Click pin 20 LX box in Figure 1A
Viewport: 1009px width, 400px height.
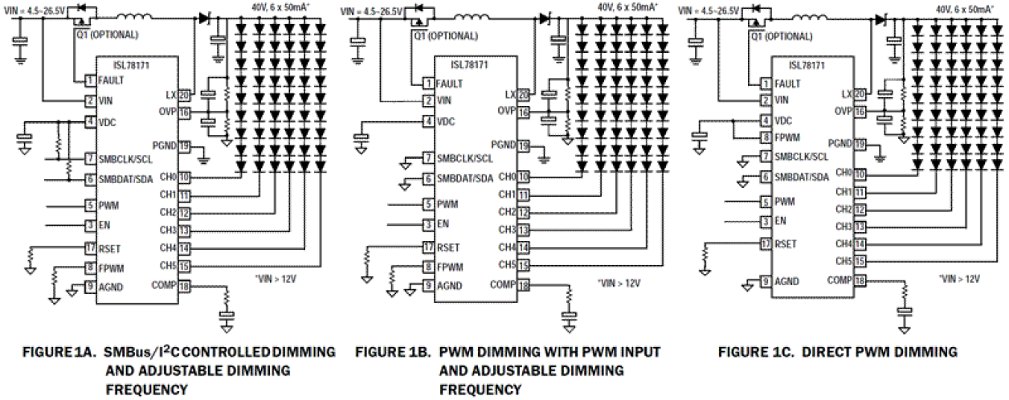184,95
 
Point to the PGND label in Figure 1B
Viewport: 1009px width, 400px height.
504,145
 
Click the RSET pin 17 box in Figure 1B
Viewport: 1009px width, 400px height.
427,247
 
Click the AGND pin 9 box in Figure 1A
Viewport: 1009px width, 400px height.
90,284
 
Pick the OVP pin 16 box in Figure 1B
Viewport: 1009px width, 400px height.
521,111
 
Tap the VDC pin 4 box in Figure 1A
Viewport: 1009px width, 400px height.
90,121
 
